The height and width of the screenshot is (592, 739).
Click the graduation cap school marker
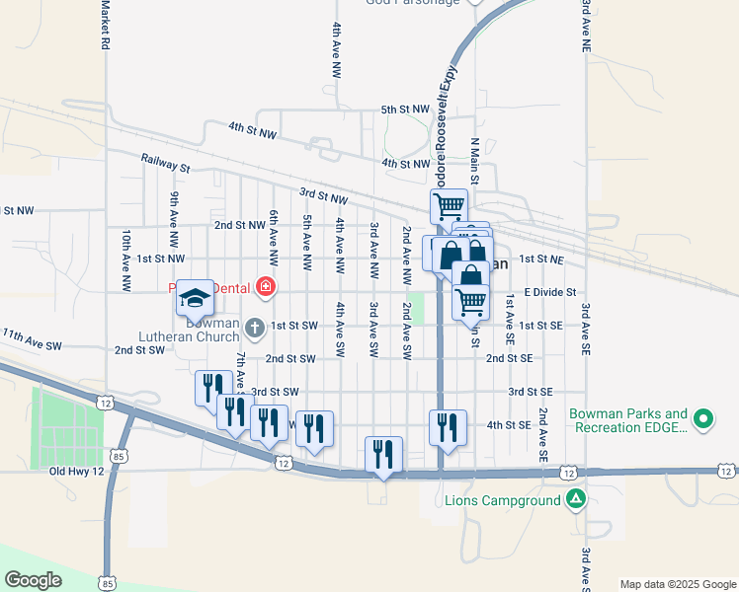[196, 297]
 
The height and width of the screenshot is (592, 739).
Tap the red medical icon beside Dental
[265, 288]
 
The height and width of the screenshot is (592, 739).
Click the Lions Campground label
[502, 500]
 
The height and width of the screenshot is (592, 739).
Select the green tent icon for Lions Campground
[575, 500]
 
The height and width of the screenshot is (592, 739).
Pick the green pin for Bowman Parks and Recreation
[703, 420]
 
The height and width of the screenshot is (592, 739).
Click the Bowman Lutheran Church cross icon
[254, 326]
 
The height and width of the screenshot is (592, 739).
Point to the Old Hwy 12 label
[77, 472]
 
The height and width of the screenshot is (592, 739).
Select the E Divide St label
[549, 292]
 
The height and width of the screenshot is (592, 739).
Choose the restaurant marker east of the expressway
[448, 427]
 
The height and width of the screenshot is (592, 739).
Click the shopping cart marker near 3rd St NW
[448, 206]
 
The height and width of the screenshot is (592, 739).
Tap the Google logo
[34, 580]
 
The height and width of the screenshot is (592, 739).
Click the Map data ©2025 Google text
[677, 584]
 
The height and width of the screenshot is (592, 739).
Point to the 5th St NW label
[405, 110]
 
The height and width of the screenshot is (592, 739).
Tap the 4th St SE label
[509, 425]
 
